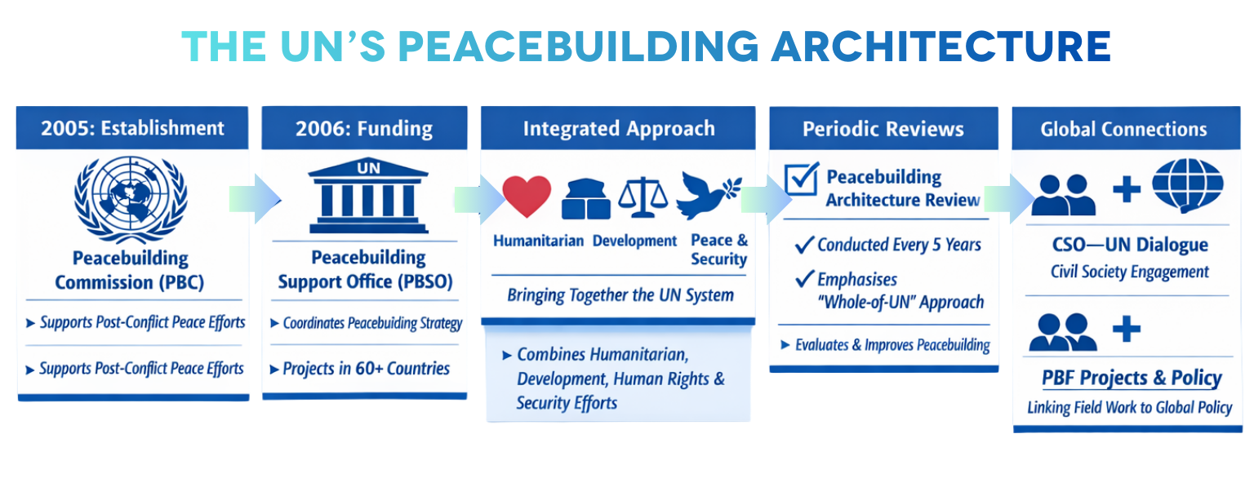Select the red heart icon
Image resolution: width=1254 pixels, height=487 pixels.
coord(526,197)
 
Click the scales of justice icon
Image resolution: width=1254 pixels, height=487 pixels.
coord(643,196)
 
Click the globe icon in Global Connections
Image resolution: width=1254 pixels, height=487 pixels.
coord(1187,187)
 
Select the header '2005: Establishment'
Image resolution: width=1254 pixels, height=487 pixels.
coord(132,129)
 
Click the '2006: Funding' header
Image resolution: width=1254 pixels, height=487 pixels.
coord(364,129)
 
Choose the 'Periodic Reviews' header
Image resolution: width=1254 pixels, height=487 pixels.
coord(883,129)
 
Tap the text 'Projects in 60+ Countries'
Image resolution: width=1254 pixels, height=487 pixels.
coord(366,369)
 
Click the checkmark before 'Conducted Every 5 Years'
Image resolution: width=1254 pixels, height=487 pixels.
coord(804,245)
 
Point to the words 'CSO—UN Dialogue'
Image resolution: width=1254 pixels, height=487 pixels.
coord(1129,246)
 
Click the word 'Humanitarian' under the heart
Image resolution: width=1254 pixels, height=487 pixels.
coord(538,241)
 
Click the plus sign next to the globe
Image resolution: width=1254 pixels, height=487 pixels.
coord(1126,189)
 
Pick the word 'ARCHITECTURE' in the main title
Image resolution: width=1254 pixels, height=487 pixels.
coord(940,46)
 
